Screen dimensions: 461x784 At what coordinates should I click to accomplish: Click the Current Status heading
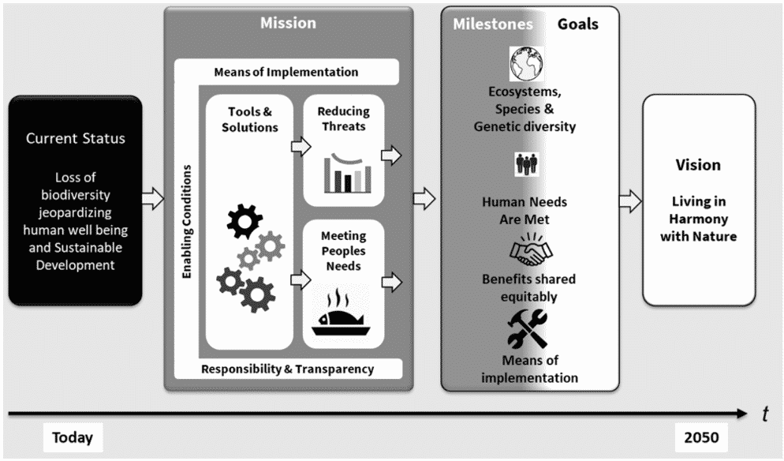[75, 138]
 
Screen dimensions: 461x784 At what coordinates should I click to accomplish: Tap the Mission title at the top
[288, 23]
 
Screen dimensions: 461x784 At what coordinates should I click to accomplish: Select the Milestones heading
[492, 24]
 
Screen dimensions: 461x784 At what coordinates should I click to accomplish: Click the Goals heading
[578, 24]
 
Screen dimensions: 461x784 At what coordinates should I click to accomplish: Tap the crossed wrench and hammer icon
[528, 329]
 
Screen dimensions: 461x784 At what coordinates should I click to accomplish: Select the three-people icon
[525, 163]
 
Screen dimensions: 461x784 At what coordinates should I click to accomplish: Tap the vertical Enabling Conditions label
[187, 221]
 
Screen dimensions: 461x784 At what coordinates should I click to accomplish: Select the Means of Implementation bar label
[286, 72]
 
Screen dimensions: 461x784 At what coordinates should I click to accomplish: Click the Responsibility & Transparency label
[287, 369]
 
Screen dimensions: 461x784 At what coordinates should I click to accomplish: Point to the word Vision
[698, 165]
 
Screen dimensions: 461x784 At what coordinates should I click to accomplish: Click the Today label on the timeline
[73, 437]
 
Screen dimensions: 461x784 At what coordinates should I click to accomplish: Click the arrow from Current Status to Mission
[153, 199]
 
